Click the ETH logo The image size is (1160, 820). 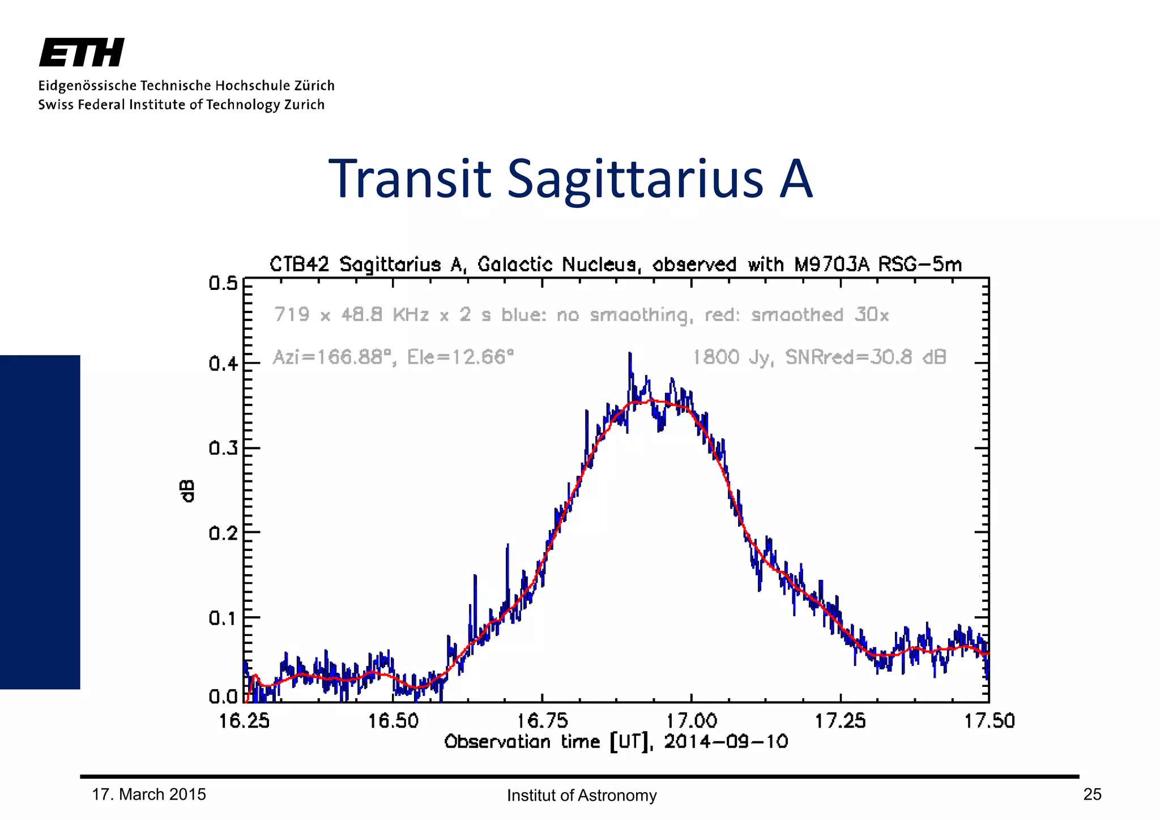(x=82, y=53)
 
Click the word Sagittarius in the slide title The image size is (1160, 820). (x=635, y=180)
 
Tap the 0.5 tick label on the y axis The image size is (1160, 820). (x=223, y=283)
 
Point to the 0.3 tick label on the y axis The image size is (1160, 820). (x=223, y=449)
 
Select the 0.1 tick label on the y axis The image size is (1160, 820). (x=223, y=618)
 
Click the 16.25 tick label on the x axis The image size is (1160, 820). (x=244, y=721)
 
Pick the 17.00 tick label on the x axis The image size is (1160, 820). (x=691, y=721)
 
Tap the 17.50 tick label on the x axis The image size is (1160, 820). (x=990, y=721)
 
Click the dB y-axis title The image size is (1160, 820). (x=187, y=491)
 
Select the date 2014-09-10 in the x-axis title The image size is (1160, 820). (x=726, y=742)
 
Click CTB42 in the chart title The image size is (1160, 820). (x=299, y=264)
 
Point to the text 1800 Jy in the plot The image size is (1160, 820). (x=732, y=357)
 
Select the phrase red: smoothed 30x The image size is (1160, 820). (x=796, y=315)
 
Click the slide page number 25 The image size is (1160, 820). (x=1092, y=795)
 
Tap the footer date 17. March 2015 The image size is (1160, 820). (x=149, y=795)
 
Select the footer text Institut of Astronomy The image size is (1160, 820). (x=582, y=796)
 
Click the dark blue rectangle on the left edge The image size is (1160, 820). (x=40, y=522)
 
